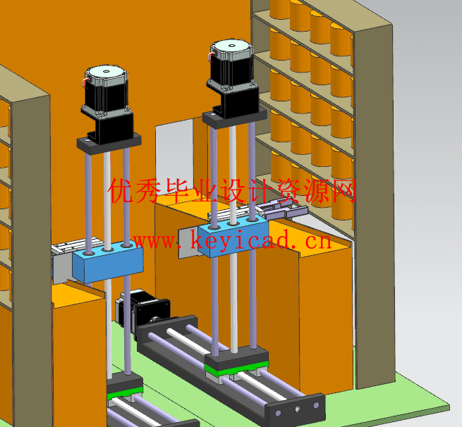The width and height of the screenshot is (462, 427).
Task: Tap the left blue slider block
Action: click(x=108, y=261)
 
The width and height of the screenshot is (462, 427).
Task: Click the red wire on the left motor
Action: click(x=85, y=82)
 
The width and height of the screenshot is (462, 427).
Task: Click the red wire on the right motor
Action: click(x=211, y=56)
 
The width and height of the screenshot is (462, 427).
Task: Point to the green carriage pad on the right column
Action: click(x=236, y=369)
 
